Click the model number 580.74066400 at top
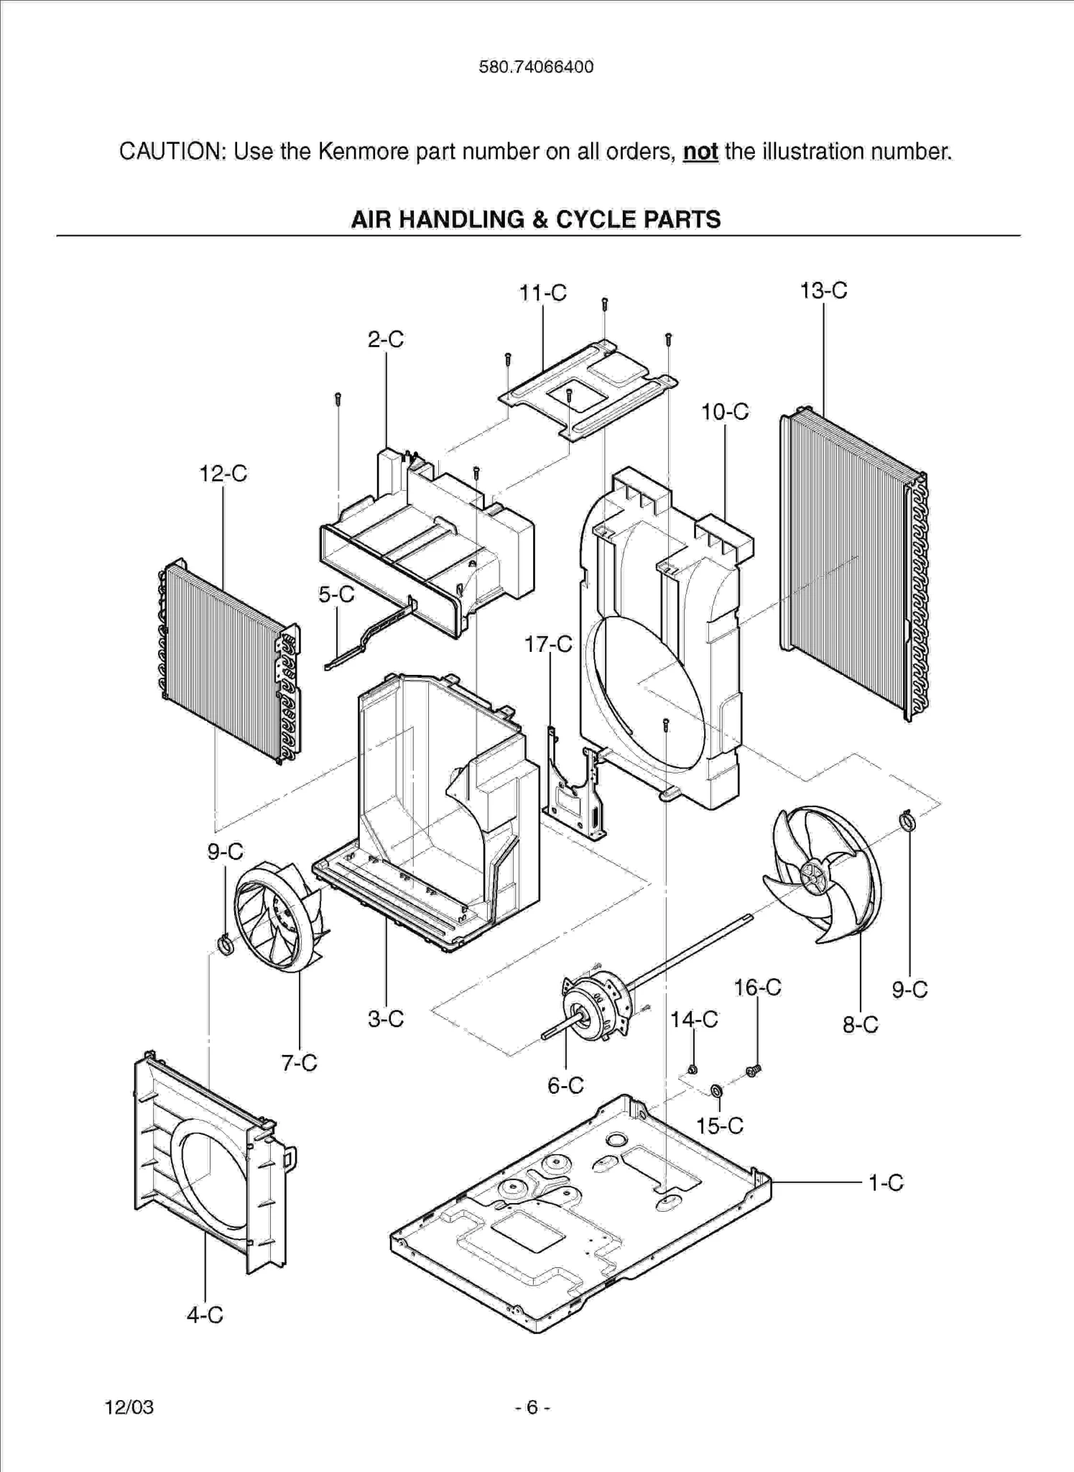(536, 67)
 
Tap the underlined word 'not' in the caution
(700, 152)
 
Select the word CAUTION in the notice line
(171, 152)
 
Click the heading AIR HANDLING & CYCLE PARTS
(536, 219)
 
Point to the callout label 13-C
(823, 290)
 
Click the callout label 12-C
(223, 474)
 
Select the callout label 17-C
(548, 644)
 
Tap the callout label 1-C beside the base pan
(885, 1182)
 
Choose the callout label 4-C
(205, 1315)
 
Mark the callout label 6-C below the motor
(565, 1085)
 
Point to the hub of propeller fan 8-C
(814, 875)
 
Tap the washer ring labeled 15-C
(716, 1092)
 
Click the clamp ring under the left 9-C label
(225, 944)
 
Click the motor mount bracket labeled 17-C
(575, 791)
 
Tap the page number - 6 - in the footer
(532, 1407)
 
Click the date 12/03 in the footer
(129, 1407)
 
